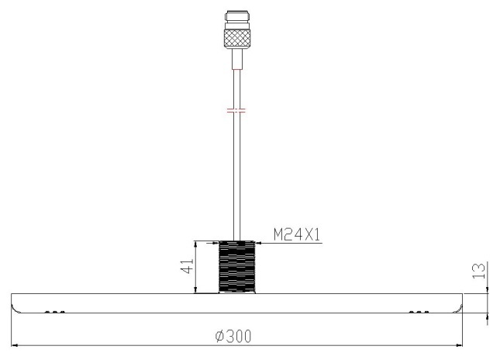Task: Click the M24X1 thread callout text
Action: click(297, 235)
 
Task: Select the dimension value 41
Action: click(187, 265)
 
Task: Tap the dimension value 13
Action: click(479, 270)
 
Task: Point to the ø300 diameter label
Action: click(233, 336)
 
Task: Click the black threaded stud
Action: click(237, 267)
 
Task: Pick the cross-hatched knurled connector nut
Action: click(237, 39)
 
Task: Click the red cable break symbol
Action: click(236, 111)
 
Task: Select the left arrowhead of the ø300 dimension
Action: click(14, 345)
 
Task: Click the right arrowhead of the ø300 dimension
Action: click(460, 345)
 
